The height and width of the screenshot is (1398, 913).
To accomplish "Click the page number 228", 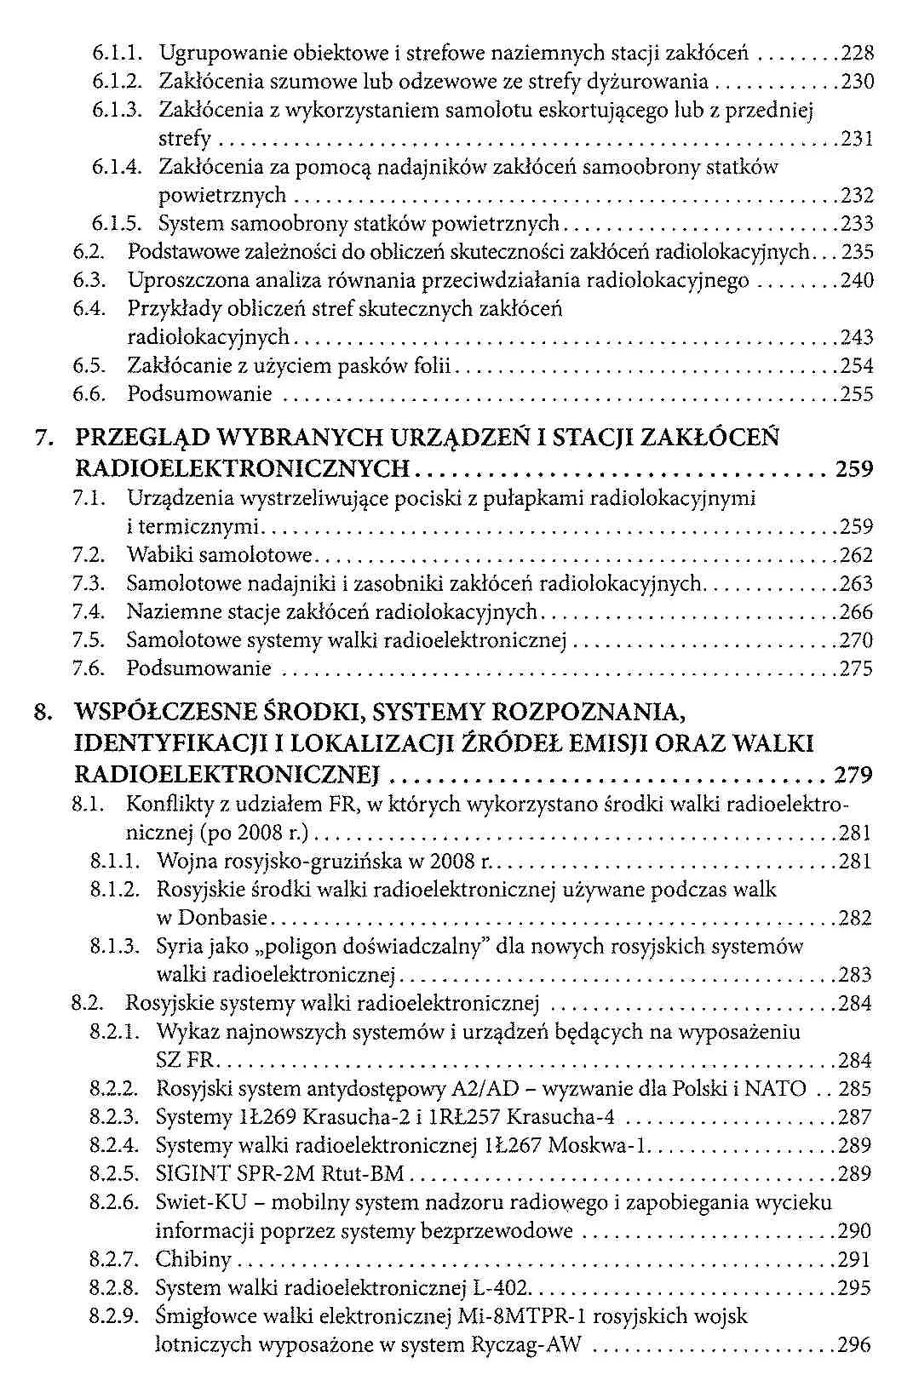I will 858,54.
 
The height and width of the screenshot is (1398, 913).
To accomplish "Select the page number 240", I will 858,281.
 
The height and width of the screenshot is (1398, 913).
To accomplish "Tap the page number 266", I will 856,612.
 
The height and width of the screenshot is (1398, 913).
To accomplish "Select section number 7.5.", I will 89,640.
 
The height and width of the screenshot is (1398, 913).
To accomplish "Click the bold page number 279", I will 854,776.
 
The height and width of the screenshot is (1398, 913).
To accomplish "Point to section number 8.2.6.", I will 113,1203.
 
